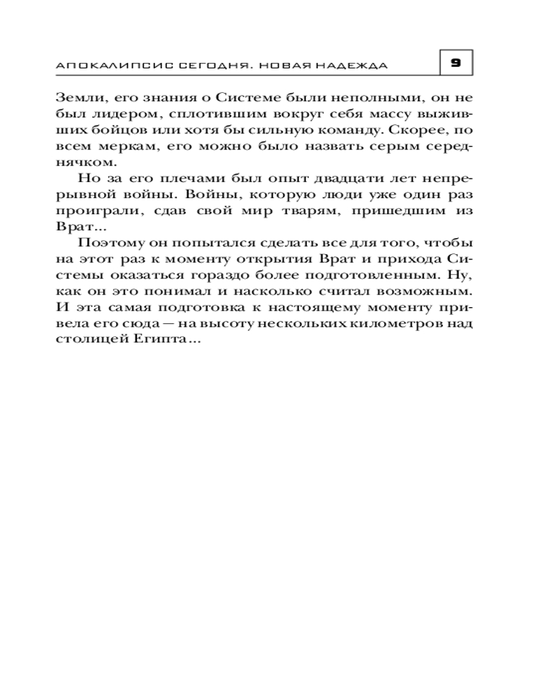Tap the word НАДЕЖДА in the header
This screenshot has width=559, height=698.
354,65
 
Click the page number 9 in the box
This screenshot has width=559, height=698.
456,63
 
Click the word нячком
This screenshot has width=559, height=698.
82,162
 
